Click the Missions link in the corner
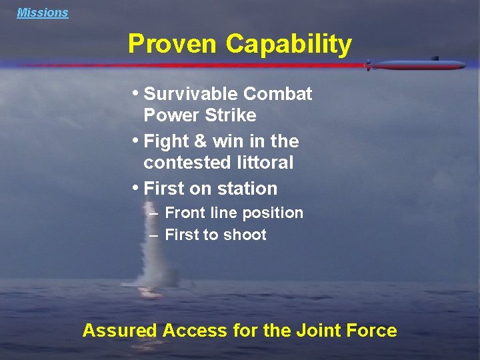tap(43, 13)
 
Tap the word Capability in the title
tap(288, 44)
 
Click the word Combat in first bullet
tap(281, 94)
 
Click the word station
tap(247, 189)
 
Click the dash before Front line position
tap(154, 213)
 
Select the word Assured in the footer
tap(119, 331)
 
